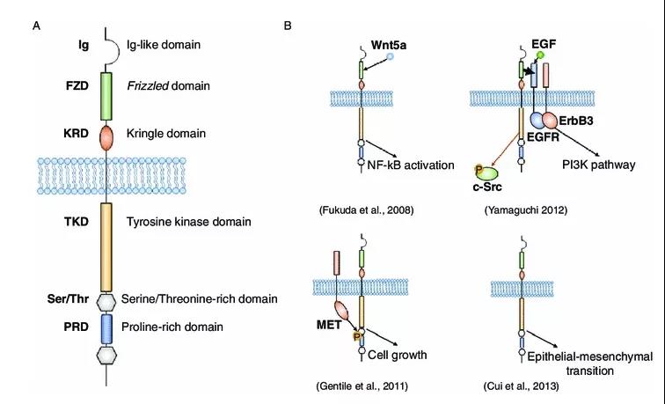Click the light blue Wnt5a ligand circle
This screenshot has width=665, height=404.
[391, 56]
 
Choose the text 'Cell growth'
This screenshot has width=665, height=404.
[398, 355]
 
